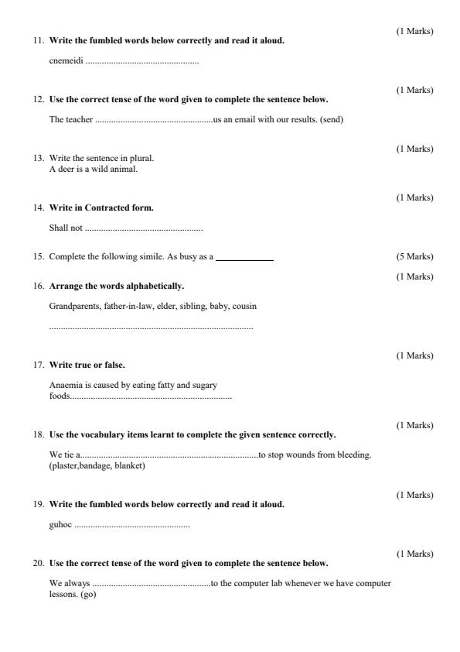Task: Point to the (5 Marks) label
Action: (x=415, y=256)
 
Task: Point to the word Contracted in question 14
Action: (x=107, y=208)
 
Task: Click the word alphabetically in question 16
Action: (x=152, y=287)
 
